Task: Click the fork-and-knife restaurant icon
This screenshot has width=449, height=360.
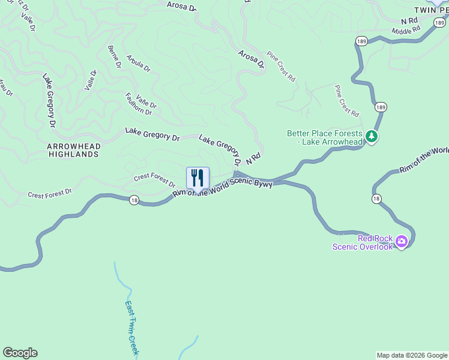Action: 198,178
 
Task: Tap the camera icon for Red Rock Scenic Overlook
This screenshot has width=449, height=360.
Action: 401,242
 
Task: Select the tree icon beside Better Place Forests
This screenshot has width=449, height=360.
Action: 372,137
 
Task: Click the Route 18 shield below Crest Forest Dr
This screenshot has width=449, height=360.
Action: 133,200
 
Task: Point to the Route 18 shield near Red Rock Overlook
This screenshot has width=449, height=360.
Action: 376,199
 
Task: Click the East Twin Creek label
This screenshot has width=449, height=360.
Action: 131,327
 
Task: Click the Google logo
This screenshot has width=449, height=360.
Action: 20,353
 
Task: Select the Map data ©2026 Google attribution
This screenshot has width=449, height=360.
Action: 412,355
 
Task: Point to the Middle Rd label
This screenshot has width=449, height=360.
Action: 406,30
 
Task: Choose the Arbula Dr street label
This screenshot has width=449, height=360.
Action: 139,64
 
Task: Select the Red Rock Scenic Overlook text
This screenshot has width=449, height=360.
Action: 363,242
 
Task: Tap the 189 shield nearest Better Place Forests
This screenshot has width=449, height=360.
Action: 381,107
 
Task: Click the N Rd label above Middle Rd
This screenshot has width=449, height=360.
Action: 409,21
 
